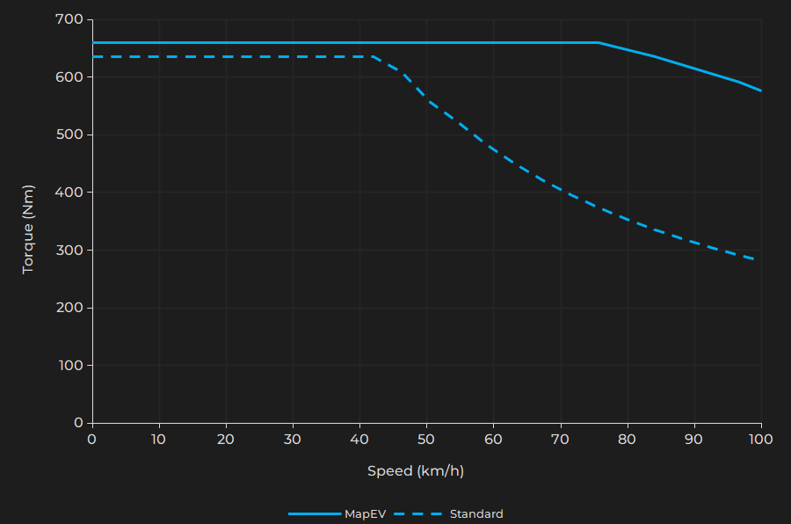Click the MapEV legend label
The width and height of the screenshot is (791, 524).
pos(365,514)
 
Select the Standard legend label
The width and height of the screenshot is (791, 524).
pos(476,514)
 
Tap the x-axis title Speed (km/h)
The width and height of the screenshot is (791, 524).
pos(416,471)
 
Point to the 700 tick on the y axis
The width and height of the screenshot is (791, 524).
pos(71,19)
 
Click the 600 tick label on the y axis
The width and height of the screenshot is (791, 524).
pos(71,77)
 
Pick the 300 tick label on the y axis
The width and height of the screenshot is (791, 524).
pos(71,251)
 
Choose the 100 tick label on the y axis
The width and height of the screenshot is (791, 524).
pos(71,366)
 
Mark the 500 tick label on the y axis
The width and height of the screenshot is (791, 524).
pos(71,135)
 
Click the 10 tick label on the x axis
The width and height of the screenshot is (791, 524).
pos(159,439)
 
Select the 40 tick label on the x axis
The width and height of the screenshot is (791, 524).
pos(359,439)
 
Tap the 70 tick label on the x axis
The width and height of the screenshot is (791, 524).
pos(561,439)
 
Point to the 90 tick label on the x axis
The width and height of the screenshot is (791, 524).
pos(694,439)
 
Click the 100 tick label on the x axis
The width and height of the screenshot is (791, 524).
pos(761,439)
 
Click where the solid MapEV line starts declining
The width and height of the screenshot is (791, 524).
pos(599,42)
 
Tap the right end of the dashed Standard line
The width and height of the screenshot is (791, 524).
pos(756,259)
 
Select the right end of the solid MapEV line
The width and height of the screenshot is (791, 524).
pos(761,91)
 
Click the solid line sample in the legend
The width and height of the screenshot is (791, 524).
pos(315,514)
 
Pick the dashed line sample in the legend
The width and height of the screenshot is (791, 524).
pos(417,514)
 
